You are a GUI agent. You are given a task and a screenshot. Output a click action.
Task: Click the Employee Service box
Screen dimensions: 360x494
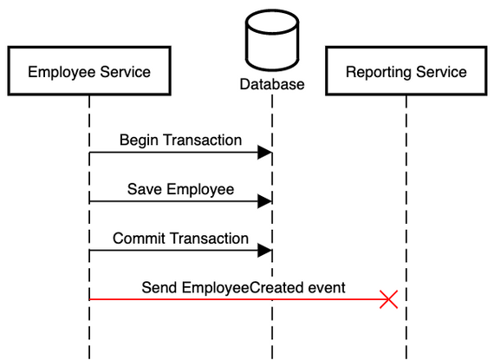pos(89,71)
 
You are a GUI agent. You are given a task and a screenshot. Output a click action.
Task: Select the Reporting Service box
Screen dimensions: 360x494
pos(406,71)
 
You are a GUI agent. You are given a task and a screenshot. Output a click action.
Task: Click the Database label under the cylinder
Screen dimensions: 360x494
pos(272,85)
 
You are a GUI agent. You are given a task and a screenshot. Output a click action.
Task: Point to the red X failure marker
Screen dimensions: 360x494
pos(389,299)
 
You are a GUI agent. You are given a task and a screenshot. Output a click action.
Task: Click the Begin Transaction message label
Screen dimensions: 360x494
pos(180,140)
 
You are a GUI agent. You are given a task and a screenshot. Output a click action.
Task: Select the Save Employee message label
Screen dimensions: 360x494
pos(180,189)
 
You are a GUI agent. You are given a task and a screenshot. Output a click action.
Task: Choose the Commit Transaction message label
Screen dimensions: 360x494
pos(180,239)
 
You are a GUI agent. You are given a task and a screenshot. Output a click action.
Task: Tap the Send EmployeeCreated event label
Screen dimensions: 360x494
pos(244,287)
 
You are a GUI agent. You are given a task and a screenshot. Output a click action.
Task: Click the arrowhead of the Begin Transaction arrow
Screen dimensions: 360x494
pos(265,153)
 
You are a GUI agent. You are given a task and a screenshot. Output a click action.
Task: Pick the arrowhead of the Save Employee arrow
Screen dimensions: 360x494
pos(265,201)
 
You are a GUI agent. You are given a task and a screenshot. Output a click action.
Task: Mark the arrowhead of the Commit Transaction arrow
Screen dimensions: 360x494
pos(265,251)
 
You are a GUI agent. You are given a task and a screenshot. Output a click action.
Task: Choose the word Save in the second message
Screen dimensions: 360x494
pos(144,189)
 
